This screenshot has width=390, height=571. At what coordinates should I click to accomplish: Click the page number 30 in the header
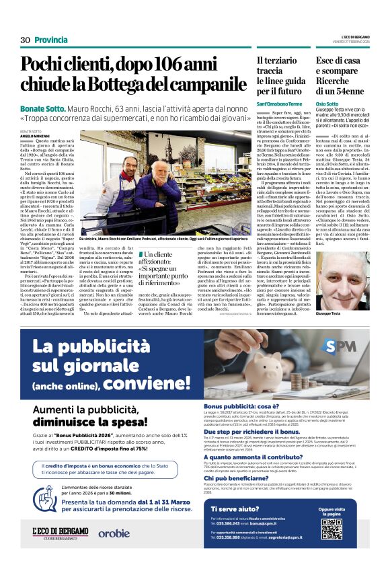click(25, 40)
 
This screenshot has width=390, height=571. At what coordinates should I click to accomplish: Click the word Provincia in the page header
click(51, 40)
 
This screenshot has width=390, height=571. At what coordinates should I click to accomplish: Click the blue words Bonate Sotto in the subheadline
click(43, 108)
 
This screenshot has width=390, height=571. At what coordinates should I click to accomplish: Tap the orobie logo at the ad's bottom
click(114, 533)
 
